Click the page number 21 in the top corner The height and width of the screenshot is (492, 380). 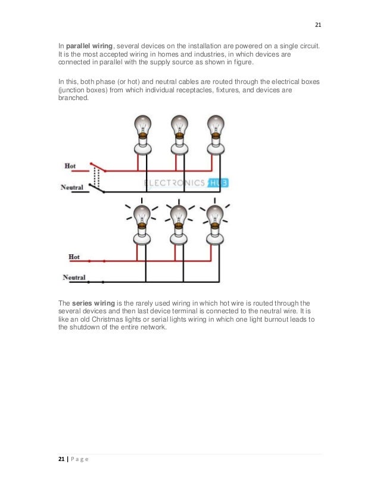(x=317, y=24)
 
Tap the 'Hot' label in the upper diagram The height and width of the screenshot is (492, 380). (x=70, y=165)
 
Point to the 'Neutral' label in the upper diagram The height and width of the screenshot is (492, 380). (x=73, y=187)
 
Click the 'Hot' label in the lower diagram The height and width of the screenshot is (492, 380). (x=74, y=257)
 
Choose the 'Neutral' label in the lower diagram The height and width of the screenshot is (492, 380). (x=74, y=278)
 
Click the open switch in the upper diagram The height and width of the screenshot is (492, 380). (x=96, y=176)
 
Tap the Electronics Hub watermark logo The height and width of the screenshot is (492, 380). (x=185, y=183)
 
